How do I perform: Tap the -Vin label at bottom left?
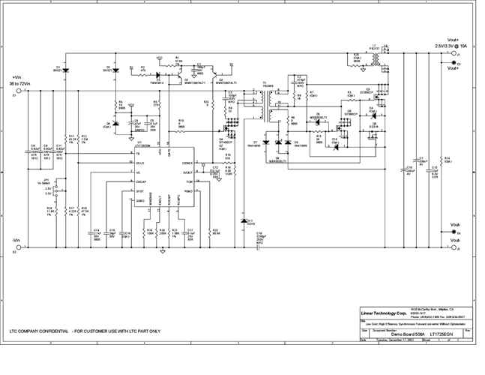click(x=16, y=240)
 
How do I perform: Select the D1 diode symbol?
click(x=66, y=70)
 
